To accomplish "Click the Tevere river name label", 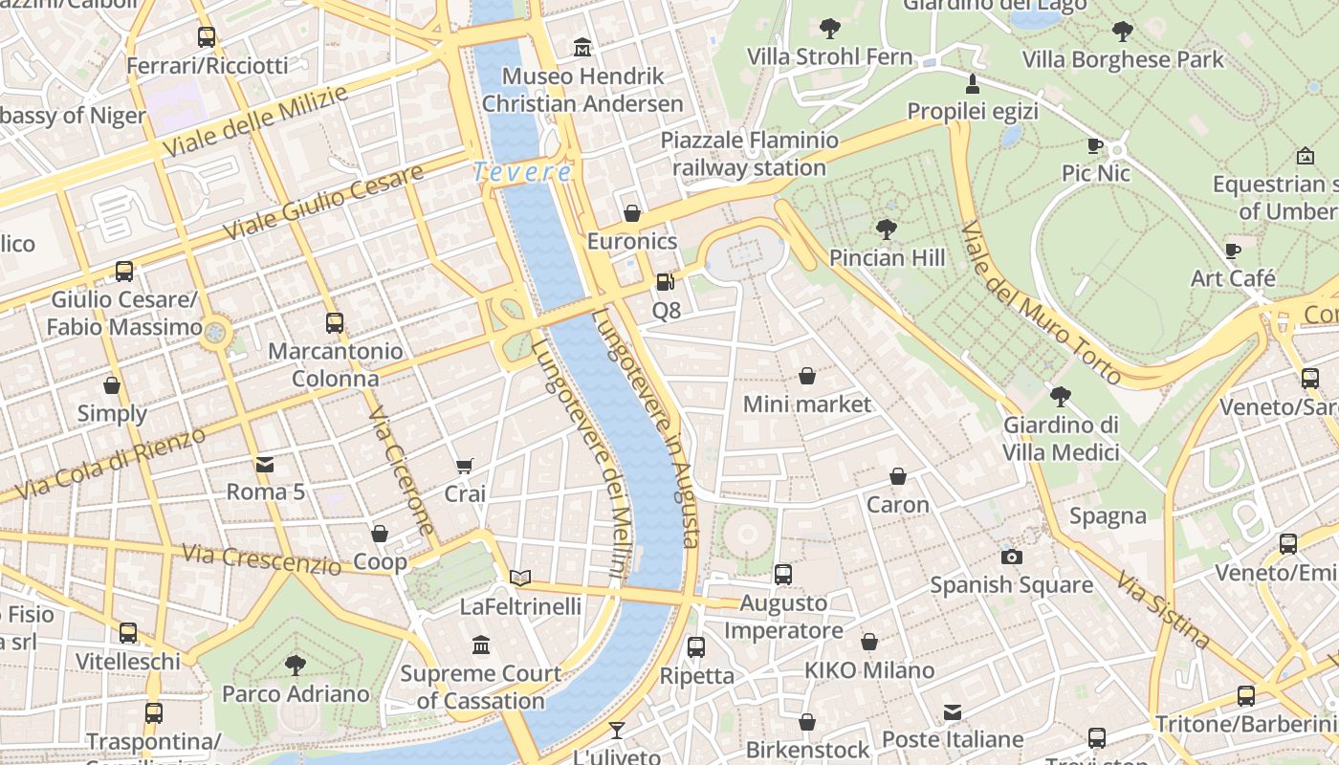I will point(523,173).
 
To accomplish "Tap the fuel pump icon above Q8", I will point(665,282).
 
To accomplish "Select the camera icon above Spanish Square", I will point(1011,557).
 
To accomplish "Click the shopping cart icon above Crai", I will point(465,467).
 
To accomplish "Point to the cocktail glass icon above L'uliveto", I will point(617,731).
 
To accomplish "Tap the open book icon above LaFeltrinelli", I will point(520,578).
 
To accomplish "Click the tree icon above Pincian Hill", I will point(887,229).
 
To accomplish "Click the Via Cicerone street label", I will point(402,470).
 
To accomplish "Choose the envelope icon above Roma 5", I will point(265,465).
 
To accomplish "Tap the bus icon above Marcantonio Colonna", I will point(334,323).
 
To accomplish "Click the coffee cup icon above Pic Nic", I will point(1095,146).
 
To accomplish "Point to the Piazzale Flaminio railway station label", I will point(749,154).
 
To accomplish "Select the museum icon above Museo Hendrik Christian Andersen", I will point(582,47).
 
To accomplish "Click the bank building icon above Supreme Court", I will point(481,645).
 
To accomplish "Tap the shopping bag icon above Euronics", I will point(631,213).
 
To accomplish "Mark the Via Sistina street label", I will point(1163,600).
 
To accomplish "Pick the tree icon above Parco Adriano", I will point(296,665).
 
